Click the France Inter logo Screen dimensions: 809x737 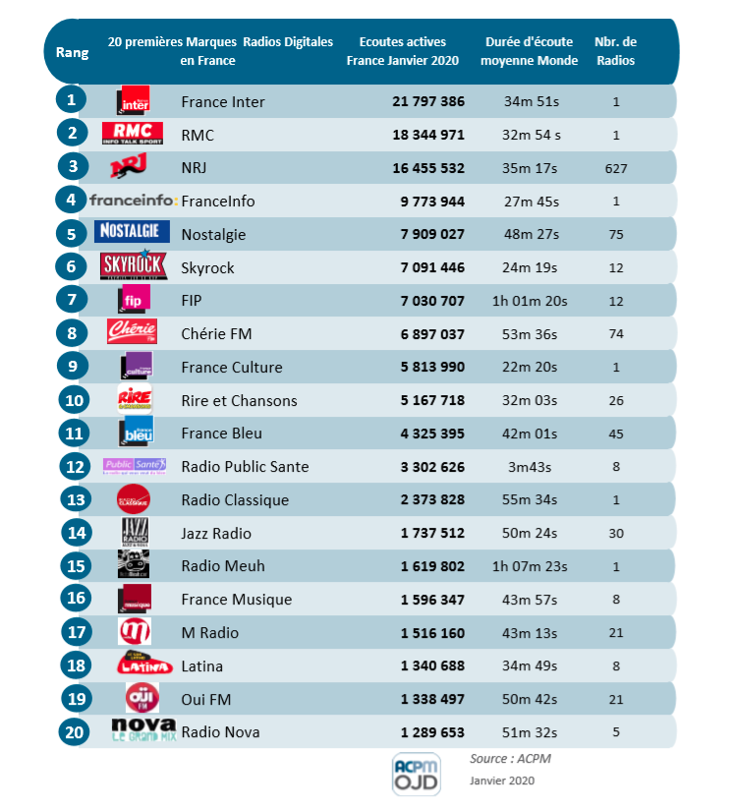point(134,100)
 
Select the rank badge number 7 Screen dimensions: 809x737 point(71,299)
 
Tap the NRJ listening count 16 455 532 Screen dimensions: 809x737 point(428,168)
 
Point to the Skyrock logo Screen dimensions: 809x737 point(134,266)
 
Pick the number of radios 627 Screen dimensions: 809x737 point(616,168)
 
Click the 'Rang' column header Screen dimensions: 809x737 point(72,52)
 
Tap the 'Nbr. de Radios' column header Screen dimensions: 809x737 point(616,51)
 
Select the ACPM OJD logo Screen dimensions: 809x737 point(417,774)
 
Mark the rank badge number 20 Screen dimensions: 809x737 point(71,730)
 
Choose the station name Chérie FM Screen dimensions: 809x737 point(216,334)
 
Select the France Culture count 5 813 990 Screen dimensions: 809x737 point(428,367)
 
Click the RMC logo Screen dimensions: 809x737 point(134,134)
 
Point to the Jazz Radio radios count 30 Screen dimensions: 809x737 point(616,533)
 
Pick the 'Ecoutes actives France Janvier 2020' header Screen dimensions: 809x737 point(403,51)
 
